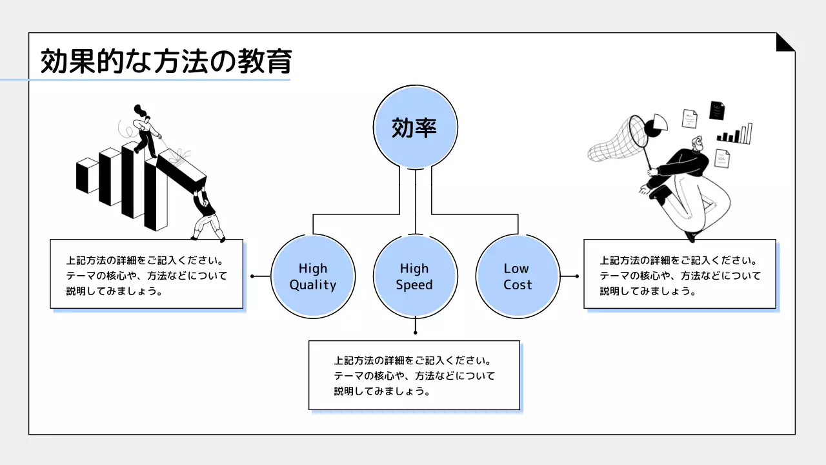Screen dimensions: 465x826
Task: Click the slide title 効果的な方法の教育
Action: click(166, 63)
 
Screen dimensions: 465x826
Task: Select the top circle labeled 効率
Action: click(416, 127)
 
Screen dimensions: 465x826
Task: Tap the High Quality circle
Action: click(313, 276)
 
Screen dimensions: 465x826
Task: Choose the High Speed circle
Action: click(416, 276)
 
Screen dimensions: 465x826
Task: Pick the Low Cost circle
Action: click(518, 276)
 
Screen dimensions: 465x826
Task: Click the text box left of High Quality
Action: click(146, 274)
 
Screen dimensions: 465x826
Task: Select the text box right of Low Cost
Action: click(680, 274)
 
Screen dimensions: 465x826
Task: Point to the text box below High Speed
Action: click(414, 375)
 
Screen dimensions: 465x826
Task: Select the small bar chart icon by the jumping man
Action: click(735, 134)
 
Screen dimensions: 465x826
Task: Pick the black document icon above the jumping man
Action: click(717, 110)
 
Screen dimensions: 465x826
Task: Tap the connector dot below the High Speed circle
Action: click(415, 333)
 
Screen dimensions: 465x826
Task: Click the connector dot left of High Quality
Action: click(252, 276)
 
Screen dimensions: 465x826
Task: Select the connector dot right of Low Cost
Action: click(577, 276)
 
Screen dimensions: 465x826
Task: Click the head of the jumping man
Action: click(696, 143)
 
